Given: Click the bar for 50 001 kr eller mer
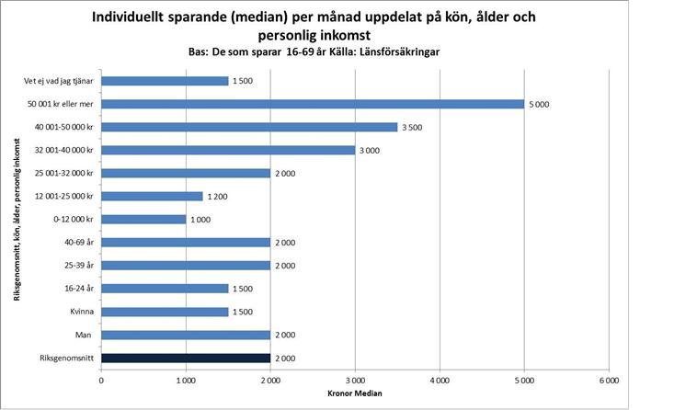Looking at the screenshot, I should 313,104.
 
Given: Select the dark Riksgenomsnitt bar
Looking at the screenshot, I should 186,358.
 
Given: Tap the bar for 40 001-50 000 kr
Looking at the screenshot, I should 249,127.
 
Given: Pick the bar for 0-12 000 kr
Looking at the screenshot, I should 143,219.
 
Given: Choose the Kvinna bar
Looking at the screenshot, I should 165,312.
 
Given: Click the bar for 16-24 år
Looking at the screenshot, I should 165,289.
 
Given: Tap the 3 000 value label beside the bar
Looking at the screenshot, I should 369,150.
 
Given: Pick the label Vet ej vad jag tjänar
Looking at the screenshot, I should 59,81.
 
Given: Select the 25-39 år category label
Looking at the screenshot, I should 76,266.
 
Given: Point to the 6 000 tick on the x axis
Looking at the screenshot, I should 608,378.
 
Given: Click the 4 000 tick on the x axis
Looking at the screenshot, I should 439,378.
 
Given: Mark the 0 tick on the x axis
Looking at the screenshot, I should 101,378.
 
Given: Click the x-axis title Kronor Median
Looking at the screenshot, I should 354,394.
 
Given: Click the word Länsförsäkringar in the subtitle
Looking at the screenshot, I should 402,53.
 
